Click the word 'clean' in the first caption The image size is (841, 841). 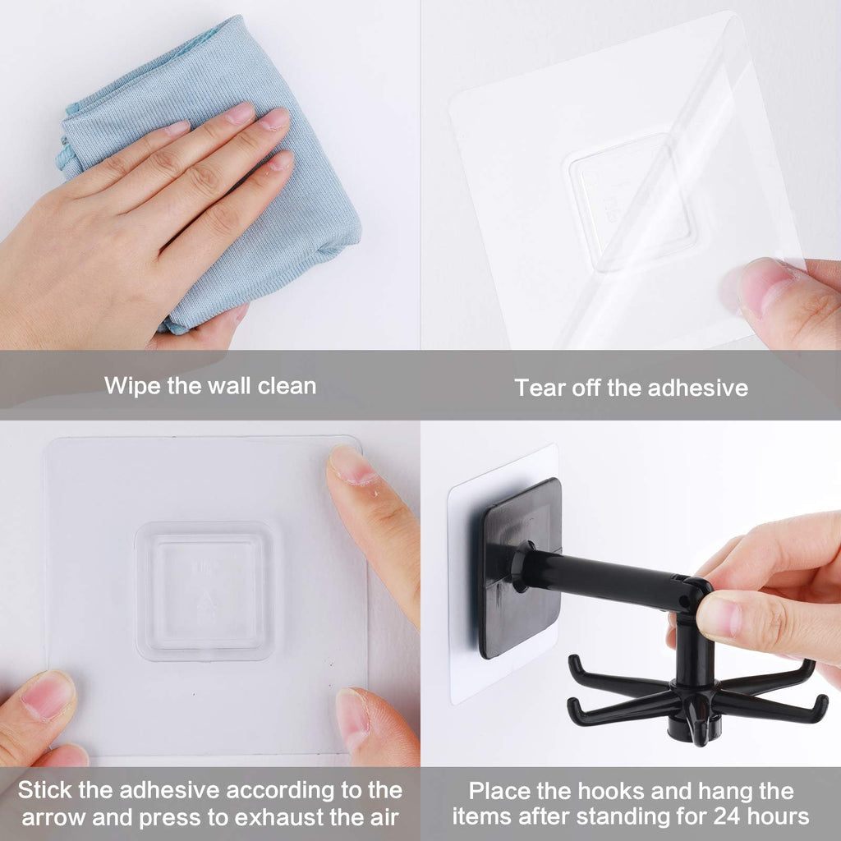point(287,385)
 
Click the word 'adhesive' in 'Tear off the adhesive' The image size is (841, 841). point(697,388)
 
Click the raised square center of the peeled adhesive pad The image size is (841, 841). point(628,201)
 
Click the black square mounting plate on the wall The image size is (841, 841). point(519,567)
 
